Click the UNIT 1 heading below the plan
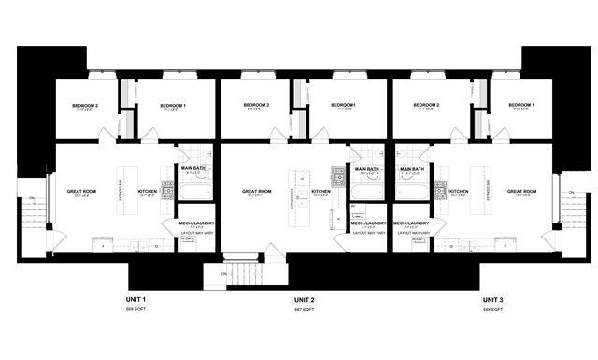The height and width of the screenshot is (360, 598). click(x=135, y=300)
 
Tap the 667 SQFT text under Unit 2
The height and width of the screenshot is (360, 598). click(x=306, y=310)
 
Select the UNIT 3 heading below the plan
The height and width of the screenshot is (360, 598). click(x=493, y=300)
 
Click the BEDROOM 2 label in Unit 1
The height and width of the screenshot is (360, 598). click(x=85, y=105)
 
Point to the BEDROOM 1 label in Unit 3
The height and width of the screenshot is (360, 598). click(x=521, y=105)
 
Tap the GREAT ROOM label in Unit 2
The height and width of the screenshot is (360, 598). click(x=258, y=191)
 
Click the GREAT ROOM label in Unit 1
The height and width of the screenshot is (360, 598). click(x=81, y=191)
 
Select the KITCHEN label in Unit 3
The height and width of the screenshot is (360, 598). click(x=459, y=191)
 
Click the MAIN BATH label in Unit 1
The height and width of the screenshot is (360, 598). click(x=192, y=169)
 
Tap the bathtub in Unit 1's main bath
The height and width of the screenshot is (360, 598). click(x=197, y=192)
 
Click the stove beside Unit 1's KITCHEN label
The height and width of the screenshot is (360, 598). click(x=167, y=190)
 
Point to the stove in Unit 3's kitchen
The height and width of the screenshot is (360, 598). click(x=440, y=190)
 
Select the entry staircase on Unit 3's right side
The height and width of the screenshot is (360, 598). click(x=574, y=215)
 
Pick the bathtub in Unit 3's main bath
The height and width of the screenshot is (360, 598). click(x=412, y=192)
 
